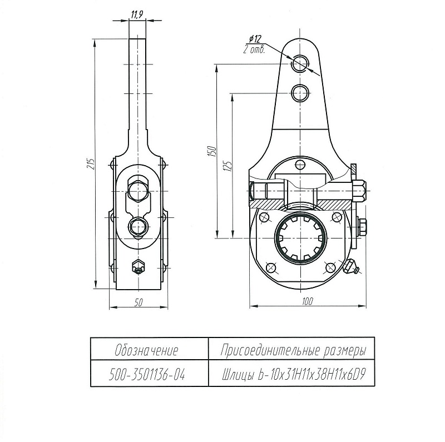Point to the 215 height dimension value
[x=91, y=164]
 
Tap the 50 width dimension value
[x=139, y=302]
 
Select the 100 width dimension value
[x=308, y=301]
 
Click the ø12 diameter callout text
[x=255, y=39]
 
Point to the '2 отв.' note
[x=254, y=49]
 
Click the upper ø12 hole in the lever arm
[x=300, y=63]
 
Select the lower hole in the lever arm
[x=300, y=93]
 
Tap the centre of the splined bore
[x=300, y=238]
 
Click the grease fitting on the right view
[x=351, y=266]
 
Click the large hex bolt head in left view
[x=138, y=191]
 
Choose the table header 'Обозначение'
[x=146, y=350]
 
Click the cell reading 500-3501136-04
[x=147, y=375]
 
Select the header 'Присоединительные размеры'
[x=293, y=351]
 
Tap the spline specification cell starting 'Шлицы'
[x=294, y=375]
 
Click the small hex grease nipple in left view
[x=138, y=267]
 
